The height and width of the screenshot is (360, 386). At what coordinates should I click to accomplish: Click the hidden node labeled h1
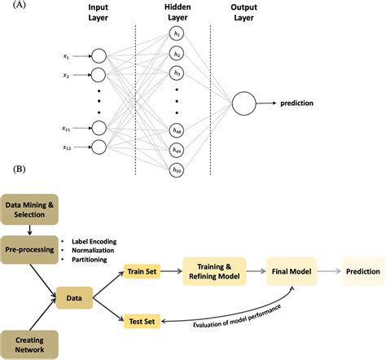coord(176,34)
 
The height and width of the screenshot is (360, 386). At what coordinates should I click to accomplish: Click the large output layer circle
coord(243,103)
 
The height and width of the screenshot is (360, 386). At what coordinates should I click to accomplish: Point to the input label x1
coord(67,56)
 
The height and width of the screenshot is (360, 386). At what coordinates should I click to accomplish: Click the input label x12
coord(68,147)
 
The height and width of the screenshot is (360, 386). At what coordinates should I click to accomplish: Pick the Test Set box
coord(143,322)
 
